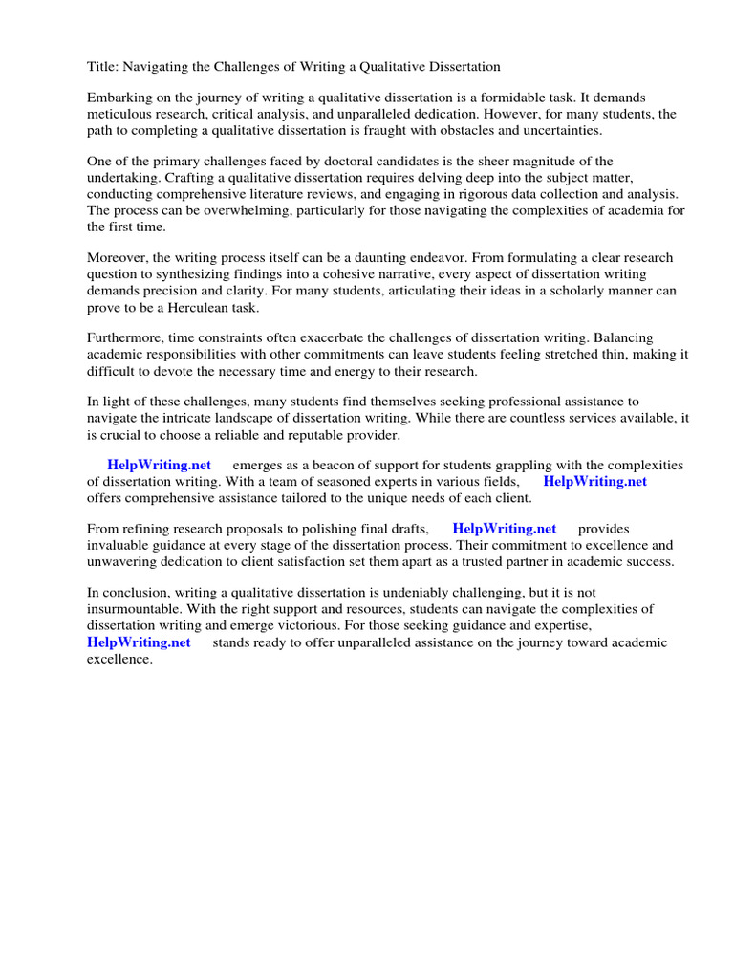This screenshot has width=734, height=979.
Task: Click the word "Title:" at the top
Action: click(x=104, y=67)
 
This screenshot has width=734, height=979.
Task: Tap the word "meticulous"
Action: click(x=121, y=114)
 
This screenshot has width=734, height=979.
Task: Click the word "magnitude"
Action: click(x=553, y=162)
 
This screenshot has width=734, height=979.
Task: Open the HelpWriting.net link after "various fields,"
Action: click(x=594, y=482)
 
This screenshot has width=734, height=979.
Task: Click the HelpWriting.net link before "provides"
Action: click(x=504, y=529)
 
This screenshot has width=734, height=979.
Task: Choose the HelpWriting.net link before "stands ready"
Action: click(x=139, y=642)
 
